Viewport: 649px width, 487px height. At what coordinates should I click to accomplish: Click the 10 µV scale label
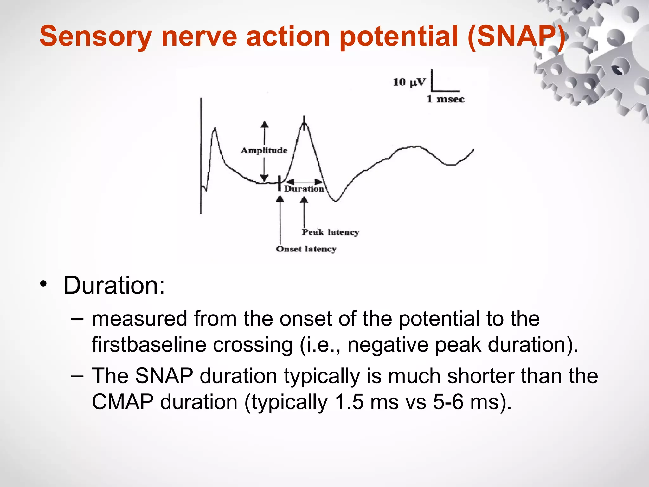click(409, 82)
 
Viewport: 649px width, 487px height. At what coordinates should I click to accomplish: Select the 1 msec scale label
click(445, 99)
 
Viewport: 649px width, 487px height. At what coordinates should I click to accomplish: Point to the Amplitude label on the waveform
click(264, 150)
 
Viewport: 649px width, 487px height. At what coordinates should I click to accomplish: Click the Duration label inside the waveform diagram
click(304, 189)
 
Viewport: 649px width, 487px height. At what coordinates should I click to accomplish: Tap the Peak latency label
click(330, 232)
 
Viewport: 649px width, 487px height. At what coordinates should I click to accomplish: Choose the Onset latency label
click(306, 249)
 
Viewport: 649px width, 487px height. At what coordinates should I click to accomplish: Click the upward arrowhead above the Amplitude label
click(265, 125)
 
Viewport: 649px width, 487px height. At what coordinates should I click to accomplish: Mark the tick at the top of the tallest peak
click(304, 123)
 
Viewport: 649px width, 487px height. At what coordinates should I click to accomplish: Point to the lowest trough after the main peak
click(336, 200)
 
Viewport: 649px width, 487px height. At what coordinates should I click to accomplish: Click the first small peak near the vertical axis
click(215, 128)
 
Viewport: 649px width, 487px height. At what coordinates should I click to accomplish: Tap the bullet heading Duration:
click(114, 285)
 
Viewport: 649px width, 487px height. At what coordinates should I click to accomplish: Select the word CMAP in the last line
click(122, 402)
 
